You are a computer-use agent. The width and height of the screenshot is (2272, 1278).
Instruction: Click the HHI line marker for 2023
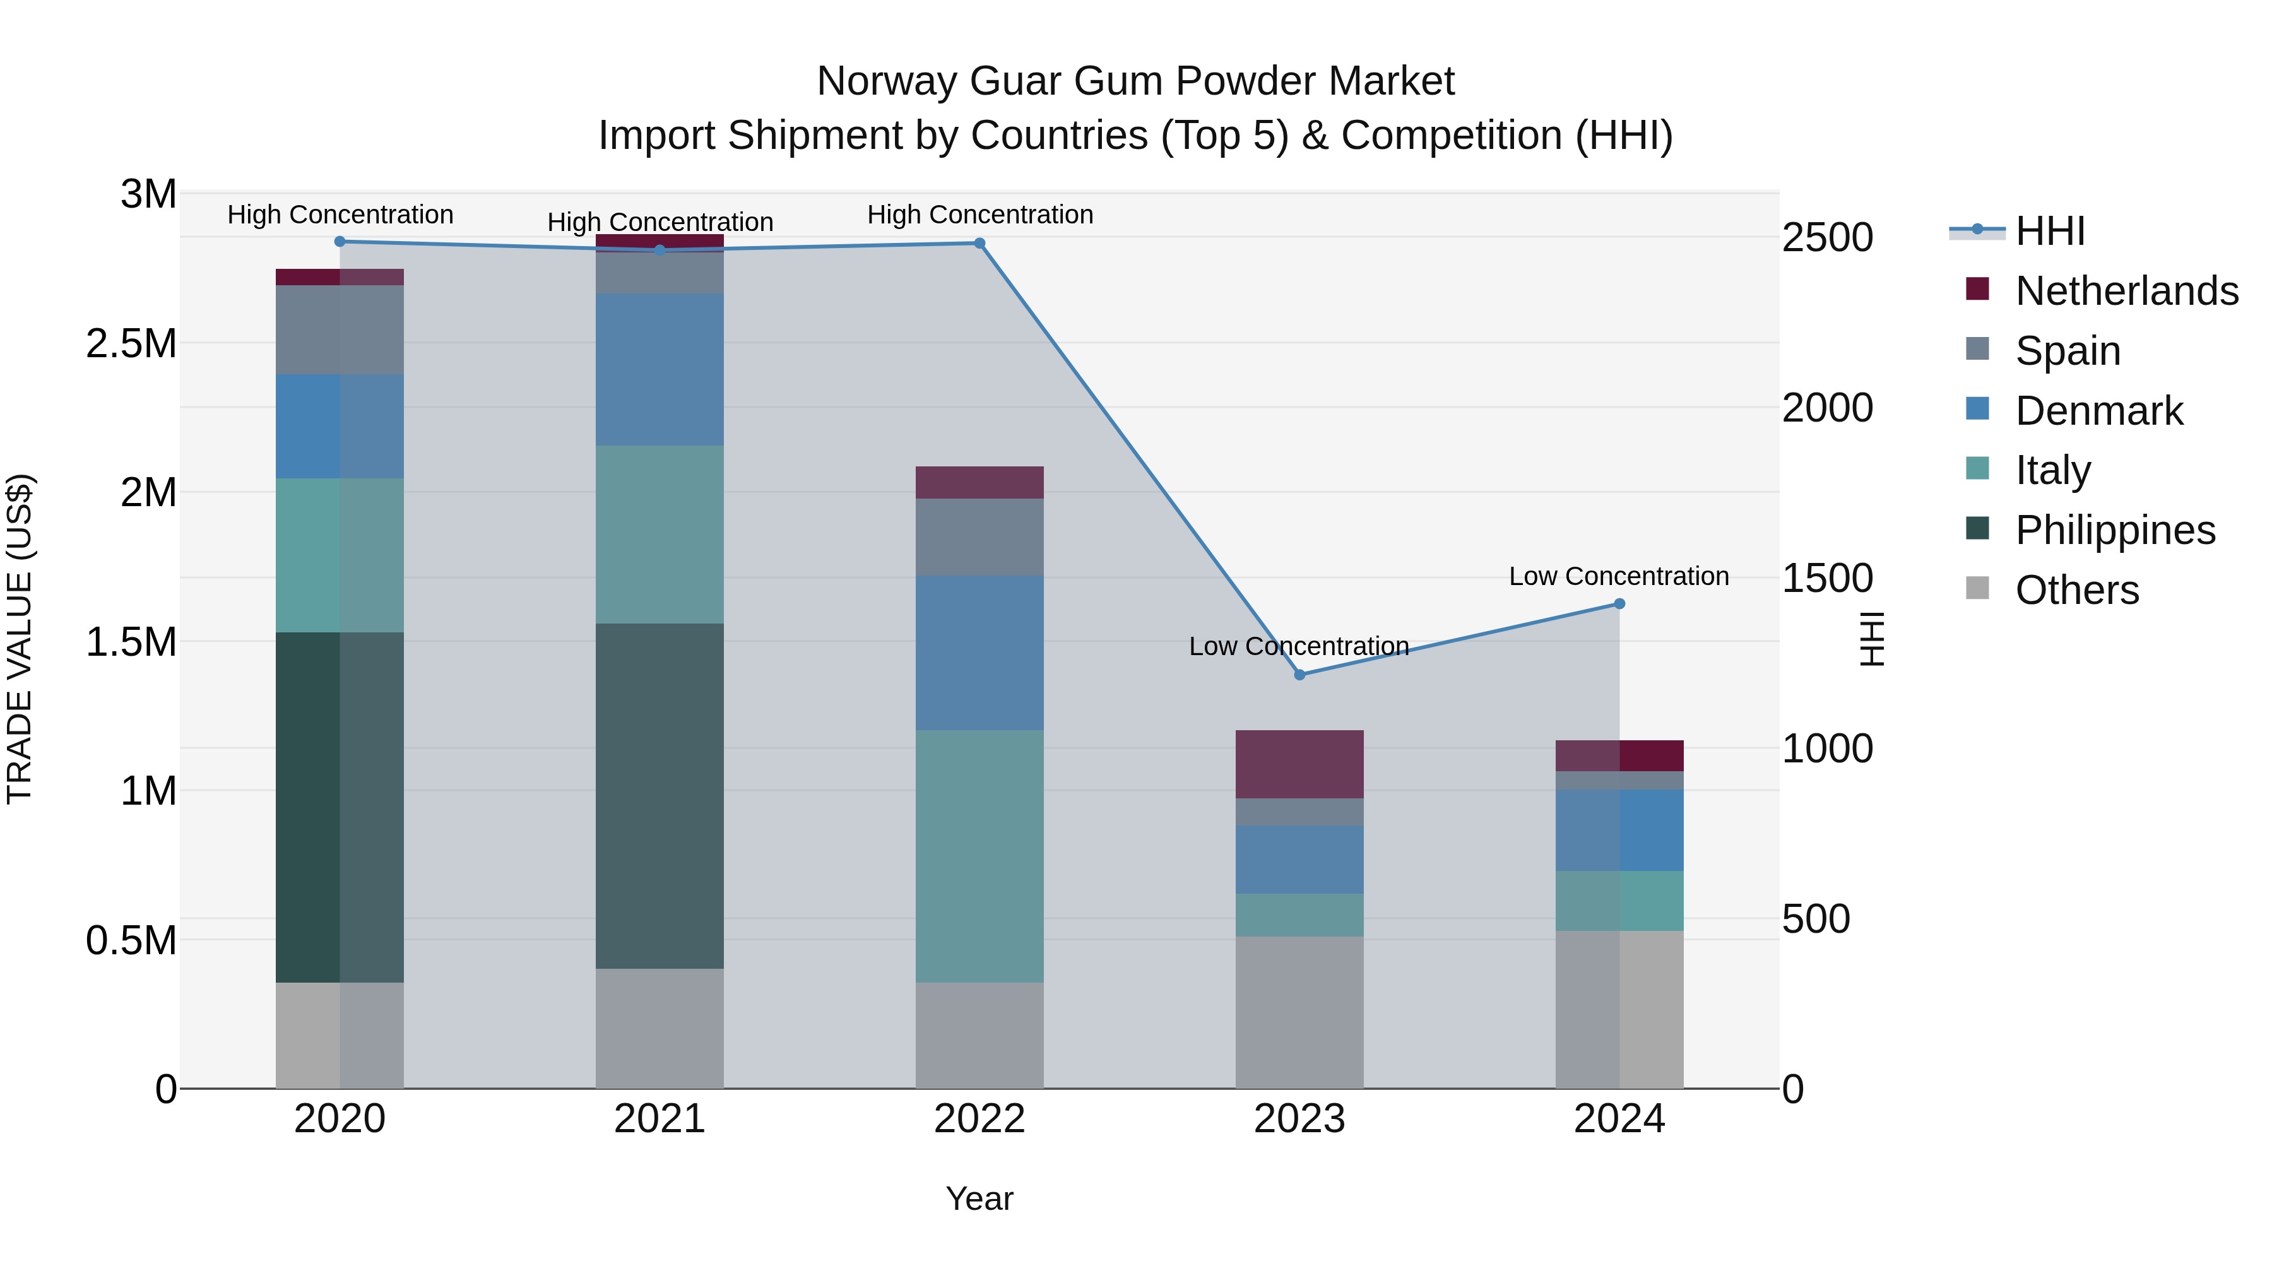click(x=1299, y=675)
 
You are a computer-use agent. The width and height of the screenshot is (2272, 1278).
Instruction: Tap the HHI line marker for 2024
click(x=1619, y=604)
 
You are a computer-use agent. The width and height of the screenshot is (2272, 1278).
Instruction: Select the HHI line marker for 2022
click(x=979, y=244)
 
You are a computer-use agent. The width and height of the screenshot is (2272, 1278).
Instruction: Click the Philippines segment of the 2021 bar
click(x=660, y=796)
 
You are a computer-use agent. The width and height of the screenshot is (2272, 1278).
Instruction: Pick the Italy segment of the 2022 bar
click(x=979, y=856)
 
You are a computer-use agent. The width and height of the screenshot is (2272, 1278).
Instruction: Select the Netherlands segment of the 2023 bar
click(x=1299, y=764)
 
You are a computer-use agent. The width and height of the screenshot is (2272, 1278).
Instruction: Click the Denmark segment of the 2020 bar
click(x=340, y=426)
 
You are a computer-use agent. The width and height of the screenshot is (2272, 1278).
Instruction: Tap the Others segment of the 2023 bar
click(x=1299, y=1012)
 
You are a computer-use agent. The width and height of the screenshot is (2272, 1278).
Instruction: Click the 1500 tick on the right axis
click(x=1826, y=579)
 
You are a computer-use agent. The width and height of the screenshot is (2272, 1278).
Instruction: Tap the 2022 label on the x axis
click(x=979, y=1119)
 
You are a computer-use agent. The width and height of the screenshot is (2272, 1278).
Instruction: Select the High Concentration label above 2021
click(x=660, y=222)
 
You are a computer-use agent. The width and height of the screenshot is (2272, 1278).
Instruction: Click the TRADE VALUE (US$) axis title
click(x=20, y=639)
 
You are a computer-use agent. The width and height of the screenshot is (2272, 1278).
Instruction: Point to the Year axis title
click(x=979, y=1198)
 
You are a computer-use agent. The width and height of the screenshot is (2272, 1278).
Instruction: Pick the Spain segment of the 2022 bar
click(x=979, y=537)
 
